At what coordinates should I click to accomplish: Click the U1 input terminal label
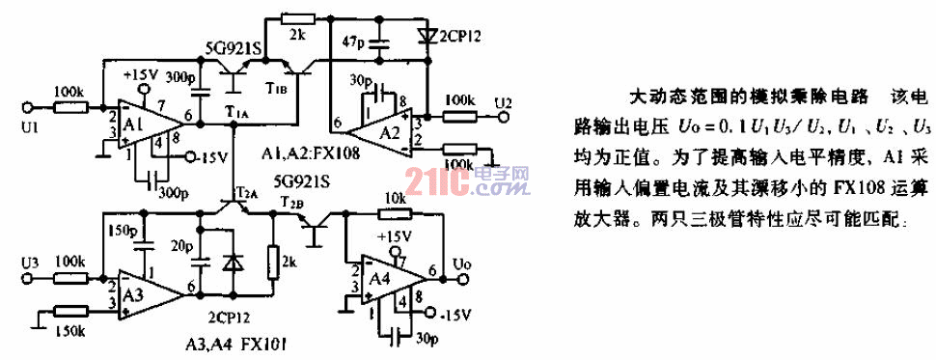pos(28,127)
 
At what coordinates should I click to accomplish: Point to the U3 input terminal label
pos(28,260)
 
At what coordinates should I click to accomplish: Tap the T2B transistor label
pos(289,204)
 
